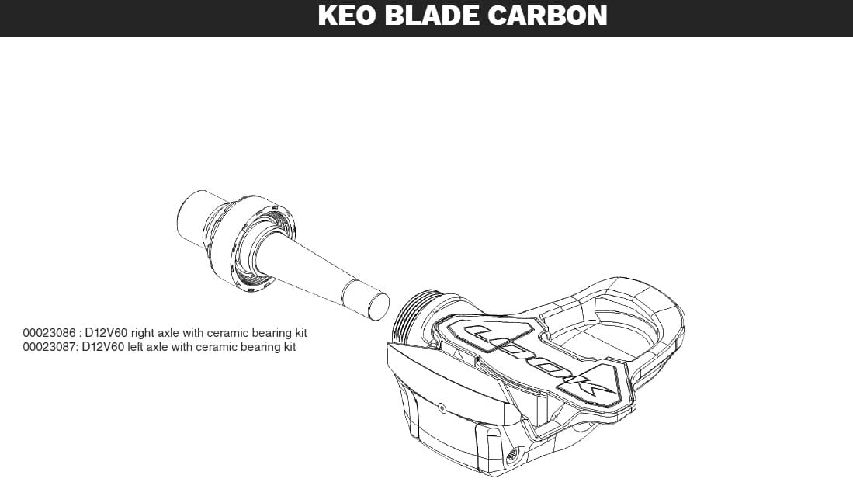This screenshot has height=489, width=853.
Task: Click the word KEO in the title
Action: pyautogui.click(x=346, y=16)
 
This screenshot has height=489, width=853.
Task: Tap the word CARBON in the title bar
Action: pyautogui.click(x=547, y=16)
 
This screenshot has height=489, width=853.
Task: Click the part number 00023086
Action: pyautogui.click(x=49, y=333)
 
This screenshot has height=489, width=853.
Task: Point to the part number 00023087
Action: pyautogui.click(x=49, y=347)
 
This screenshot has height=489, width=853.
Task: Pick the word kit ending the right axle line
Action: pyautogui.click(x=300, y=333)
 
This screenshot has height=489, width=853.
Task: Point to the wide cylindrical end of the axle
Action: pyautogui.click(x=193, y=217)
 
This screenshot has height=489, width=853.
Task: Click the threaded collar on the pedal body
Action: pyautogui.click(x=414, y=317)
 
